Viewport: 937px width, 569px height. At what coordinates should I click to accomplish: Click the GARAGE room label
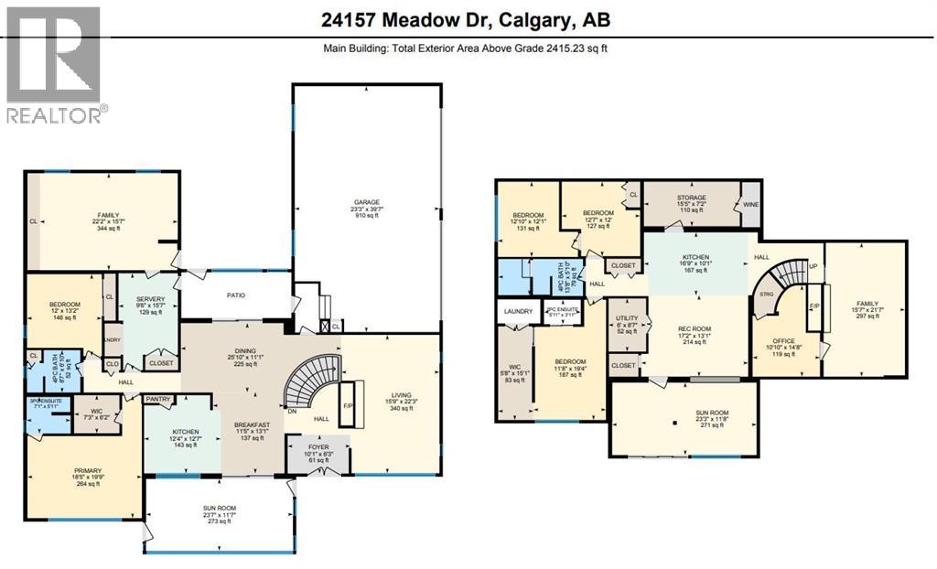point(367,202)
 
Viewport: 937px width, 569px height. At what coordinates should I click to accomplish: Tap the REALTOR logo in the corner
point(54,65)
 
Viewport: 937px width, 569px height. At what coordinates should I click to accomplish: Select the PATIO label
point(236,295)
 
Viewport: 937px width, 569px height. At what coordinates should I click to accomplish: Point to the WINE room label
point(750,204)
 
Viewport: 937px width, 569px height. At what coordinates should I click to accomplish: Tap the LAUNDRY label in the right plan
point(518,312)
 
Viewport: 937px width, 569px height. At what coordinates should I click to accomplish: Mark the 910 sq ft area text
point(367,217)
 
